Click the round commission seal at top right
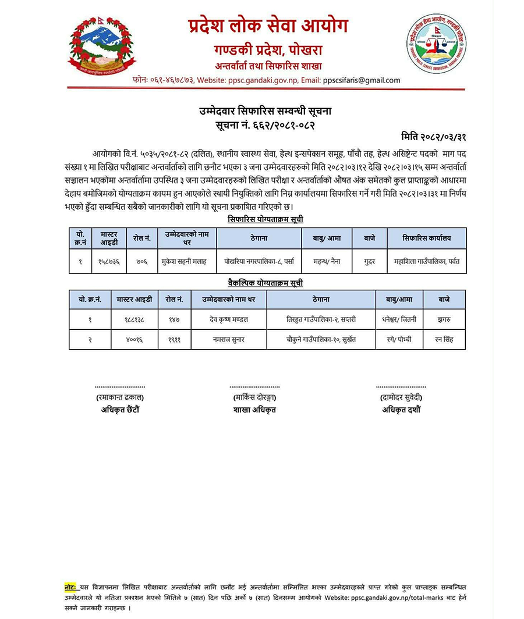tap(436, 44)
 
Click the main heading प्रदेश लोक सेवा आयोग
tap(268, 26)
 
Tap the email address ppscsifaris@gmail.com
tap(362, 80)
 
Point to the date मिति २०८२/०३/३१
tap(434, 137)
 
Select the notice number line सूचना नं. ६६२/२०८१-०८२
tap(265, 124)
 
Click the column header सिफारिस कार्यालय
tap(426, 238)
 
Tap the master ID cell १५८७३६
tap(109, 262)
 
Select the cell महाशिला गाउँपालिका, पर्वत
tap(426, 262)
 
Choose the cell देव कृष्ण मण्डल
tap(228, 319)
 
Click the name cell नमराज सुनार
tap(228, 339)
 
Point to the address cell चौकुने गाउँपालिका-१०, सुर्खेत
tap(321, 339)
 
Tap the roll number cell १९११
tap(174, 339)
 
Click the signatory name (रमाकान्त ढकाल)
tap(120, 397)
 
